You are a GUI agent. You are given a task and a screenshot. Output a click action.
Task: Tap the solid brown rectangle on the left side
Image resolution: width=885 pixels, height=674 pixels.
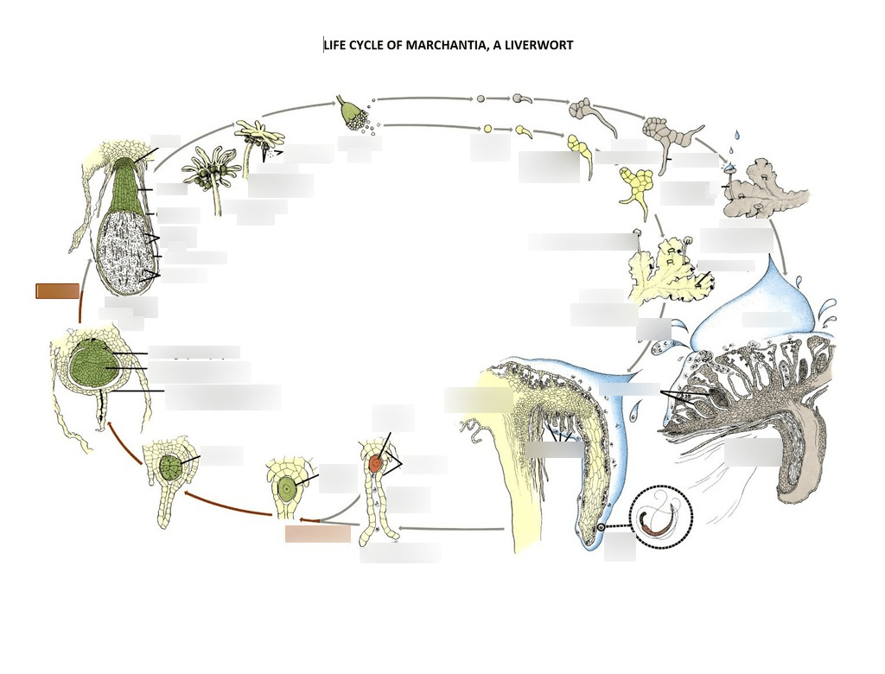coord(57,291)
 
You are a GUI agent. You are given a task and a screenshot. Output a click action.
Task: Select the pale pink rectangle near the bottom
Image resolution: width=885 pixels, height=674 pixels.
coord(317,534)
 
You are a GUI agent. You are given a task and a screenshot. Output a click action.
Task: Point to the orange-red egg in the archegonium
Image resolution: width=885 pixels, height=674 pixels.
coord(376,464)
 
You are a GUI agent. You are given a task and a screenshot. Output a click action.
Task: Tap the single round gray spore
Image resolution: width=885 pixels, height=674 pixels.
coord(481,99)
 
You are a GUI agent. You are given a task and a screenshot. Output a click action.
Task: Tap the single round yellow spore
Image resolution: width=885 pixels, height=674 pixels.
coord(487,129)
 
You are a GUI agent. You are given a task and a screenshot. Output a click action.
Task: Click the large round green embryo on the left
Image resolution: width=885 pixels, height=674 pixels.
coord(96,364)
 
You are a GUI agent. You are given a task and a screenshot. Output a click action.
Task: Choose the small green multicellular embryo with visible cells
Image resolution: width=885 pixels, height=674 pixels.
coord(170,467)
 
